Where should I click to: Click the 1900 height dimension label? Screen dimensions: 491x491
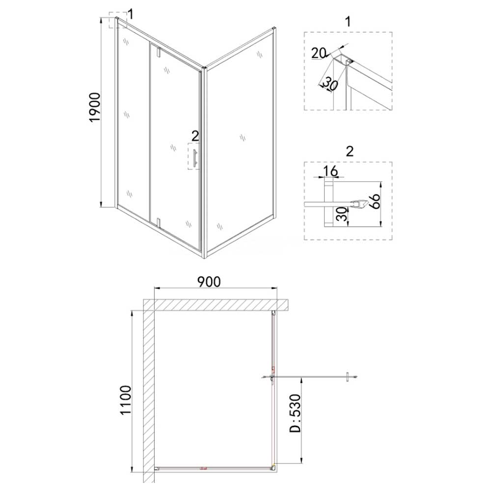coord(95,108)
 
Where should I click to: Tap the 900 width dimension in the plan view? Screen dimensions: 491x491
coord(209,282)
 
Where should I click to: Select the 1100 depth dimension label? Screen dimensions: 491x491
coord(126,400)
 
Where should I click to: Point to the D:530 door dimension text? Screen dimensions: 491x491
coord(295,413)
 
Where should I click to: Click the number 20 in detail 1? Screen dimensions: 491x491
coord(319,53)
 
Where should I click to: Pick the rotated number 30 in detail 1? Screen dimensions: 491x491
coord(330,83)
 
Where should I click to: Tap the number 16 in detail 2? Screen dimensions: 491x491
coord(330,171)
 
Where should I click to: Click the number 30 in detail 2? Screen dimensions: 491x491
coord(343,214)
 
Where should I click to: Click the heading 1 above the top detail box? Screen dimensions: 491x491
coord(348,22)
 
